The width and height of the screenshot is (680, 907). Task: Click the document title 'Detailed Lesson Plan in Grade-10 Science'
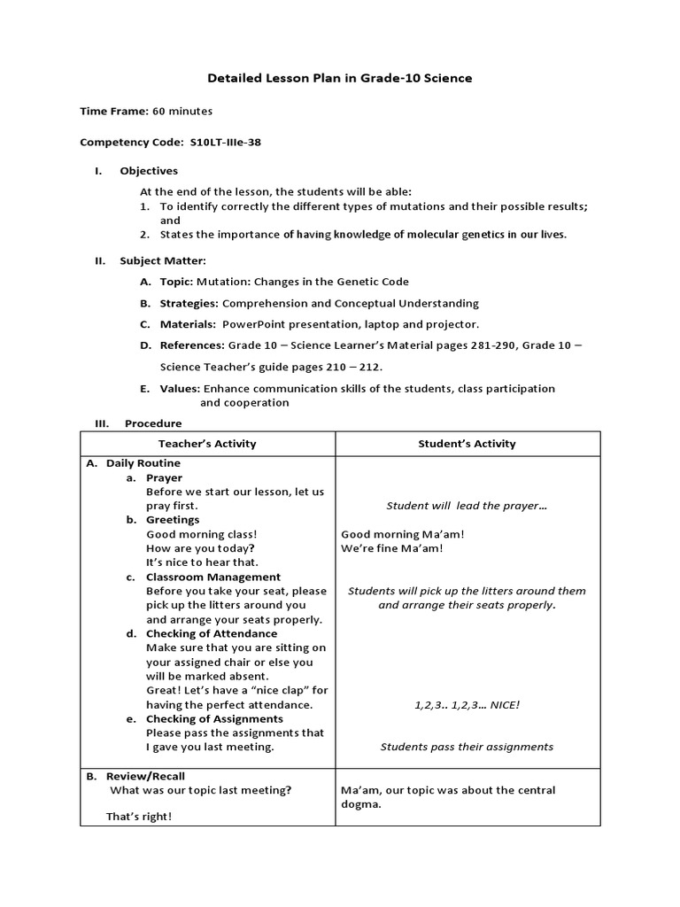click(339, 78)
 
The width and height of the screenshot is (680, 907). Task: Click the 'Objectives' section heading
click(149, 171)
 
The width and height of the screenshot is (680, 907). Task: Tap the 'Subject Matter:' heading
click(163, 260)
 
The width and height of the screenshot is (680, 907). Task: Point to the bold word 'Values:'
click(180, 388)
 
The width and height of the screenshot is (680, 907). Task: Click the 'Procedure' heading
click(153, 423)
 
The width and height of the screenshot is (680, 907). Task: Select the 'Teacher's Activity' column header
click(207, 444)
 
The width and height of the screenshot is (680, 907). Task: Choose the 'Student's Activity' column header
click(467, 444)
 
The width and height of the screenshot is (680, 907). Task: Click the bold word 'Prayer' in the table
click(164, 477)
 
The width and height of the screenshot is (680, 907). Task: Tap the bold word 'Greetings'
click(173, 520)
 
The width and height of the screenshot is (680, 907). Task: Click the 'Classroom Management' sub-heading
click(213, 577)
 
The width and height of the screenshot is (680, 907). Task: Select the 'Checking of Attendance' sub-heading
click(212, 633)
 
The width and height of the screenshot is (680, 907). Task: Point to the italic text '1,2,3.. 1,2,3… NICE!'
click(467, 704)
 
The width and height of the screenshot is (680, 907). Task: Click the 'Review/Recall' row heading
click(145, 776)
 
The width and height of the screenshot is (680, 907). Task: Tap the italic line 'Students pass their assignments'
click(467, 747)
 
